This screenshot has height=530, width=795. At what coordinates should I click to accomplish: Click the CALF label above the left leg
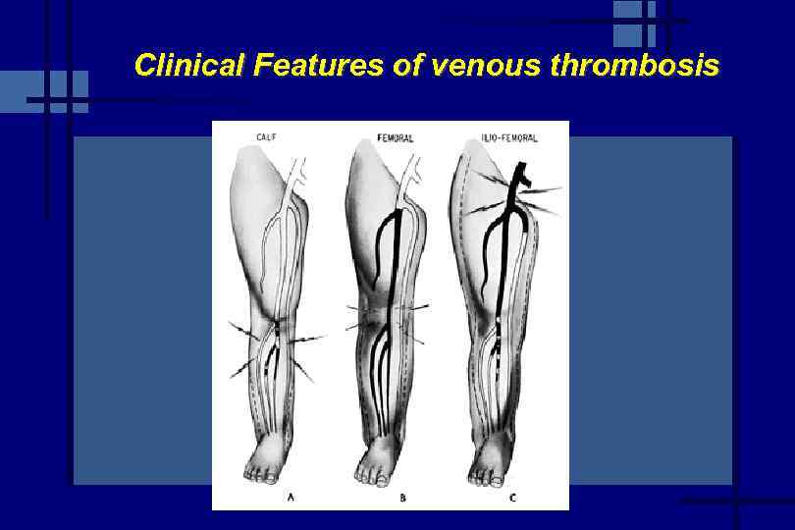pos(266,137)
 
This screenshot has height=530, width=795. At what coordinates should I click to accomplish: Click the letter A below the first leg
pos(291,498)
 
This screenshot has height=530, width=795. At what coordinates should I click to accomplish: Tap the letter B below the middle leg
pos(402,498)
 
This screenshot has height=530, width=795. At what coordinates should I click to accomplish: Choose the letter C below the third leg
pos(512,498)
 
